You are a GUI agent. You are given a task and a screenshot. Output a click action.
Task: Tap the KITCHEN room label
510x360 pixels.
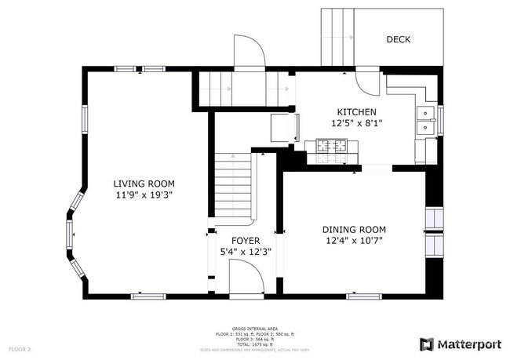pos(356,112)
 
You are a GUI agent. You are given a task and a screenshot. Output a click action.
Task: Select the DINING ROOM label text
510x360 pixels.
pos(354,230)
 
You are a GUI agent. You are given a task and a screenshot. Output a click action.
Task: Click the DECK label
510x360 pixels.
pos(398,39)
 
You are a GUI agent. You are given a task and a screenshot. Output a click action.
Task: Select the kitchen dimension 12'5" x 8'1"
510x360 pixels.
pos(356,123)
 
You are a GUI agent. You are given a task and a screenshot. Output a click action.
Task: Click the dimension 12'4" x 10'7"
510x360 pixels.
pos(354,241)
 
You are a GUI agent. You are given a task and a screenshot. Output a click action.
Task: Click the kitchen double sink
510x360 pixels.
pos(424,119)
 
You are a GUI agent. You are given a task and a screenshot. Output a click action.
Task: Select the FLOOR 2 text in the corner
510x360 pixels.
pos(20,348)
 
